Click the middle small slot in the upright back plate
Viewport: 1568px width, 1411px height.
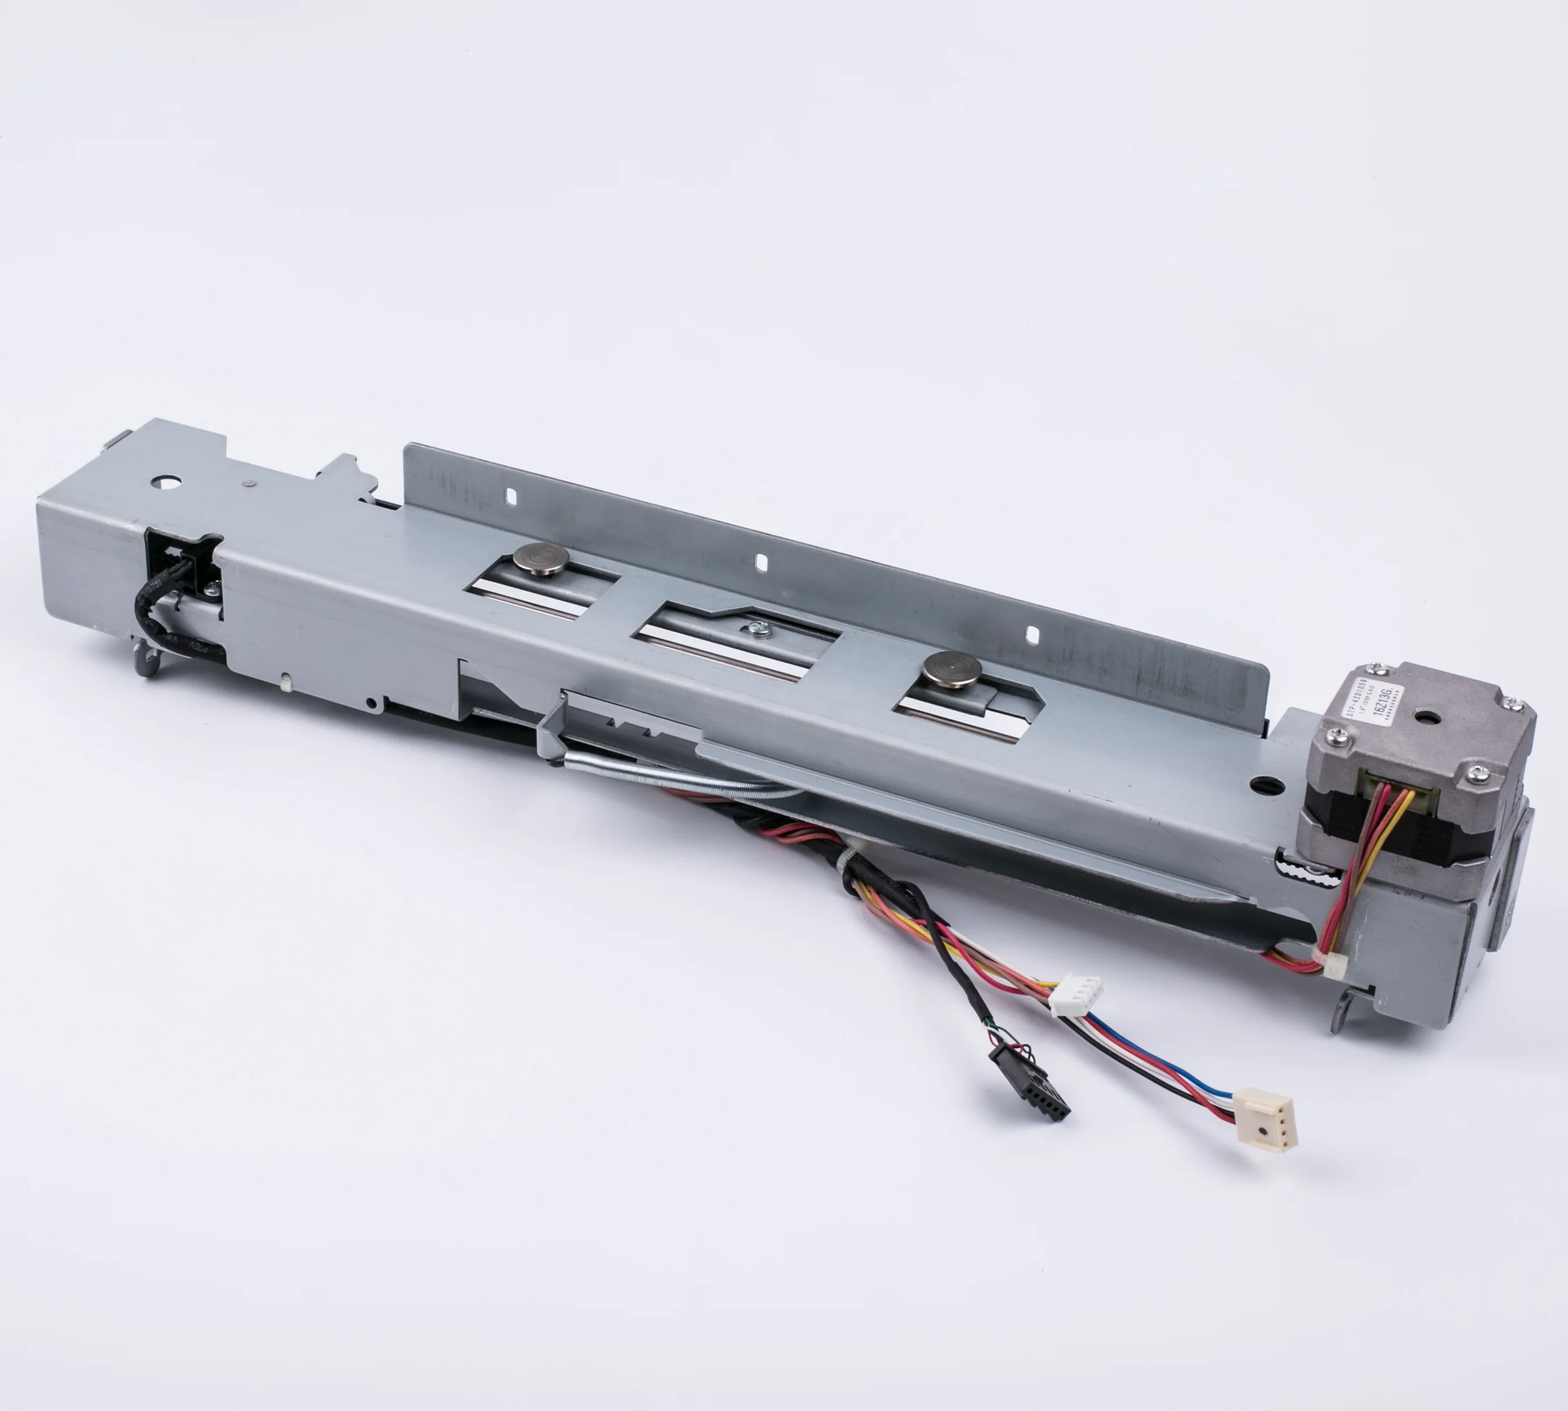761,559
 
